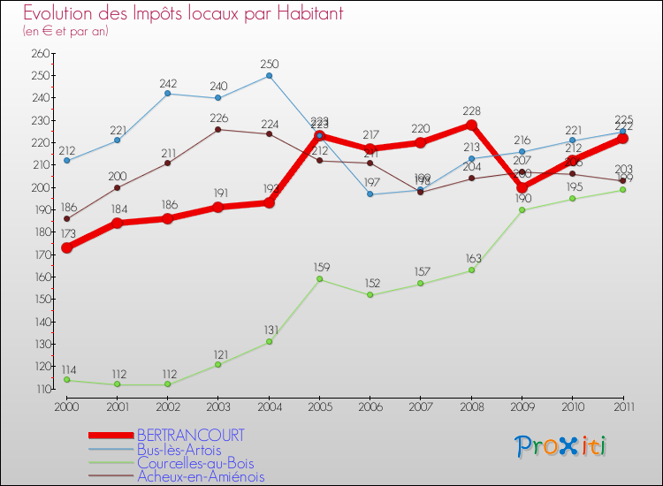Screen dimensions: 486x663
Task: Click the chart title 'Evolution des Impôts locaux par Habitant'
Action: coord(183,14)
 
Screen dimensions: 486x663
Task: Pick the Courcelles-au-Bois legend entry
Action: coord(195,463)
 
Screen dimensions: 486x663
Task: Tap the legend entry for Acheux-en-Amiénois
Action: coord(201,477)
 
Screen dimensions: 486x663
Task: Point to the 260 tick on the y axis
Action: coord(40,53)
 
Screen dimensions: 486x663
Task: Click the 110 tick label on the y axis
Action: coord(40,389)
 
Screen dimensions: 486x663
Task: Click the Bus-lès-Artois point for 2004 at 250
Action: coord(269,75)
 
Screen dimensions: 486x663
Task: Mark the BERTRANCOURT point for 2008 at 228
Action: coord(471,125)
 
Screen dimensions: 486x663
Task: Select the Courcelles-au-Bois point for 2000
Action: coord(66,380)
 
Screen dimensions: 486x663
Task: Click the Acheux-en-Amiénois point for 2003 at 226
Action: coord(218,129)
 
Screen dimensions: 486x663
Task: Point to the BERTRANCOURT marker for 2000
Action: coord(66,247)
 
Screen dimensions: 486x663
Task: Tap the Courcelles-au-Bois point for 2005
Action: coord(319,279)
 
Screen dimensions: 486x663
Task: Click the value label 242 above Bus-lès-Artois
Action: coord(168,84)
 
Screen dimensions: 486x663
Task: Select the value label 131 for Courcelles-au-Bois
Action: coord(271,330)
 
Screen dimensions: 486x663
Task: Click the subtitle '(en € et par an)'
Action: coord(65,31)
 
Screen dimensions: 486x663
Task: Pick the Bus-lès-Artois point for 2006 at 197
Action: coord(370,194)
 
